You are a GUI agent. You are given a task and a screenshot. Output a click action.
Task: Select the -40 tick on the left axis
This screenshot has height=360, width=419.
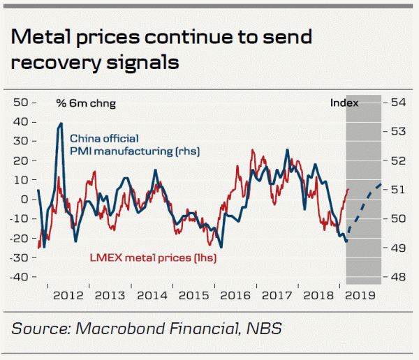[22, 277]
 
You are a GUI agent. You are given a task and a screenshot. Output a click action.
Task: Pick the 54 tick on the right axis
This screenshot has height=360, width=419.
[398, 103]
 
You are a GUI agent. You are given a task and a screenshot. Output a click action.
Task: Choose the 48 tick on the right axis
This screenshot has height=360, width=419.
[398, 277]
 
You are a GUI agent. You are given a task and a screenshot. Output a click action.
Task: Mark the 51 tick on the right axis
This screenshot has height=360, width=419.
[398, 190]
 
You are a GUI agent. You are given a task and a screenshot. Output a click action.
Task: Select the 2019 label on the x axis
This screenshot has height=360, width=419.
[361, 295]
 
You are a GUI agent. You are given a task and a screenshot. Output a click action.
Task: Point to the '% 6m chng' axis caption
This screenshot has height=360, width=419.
[85, 103]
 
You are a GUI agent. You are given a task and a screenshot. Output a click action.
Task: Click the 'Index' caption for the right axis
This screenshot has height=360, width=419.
[344, 103]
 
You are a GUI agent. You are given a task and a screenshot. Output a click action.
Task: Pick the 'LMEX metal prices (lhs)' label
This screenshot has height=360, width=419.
[153, 258]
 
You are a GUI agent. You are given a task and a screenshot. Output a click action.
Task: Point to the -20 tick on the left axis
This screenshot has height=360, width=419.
[22, 238]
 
